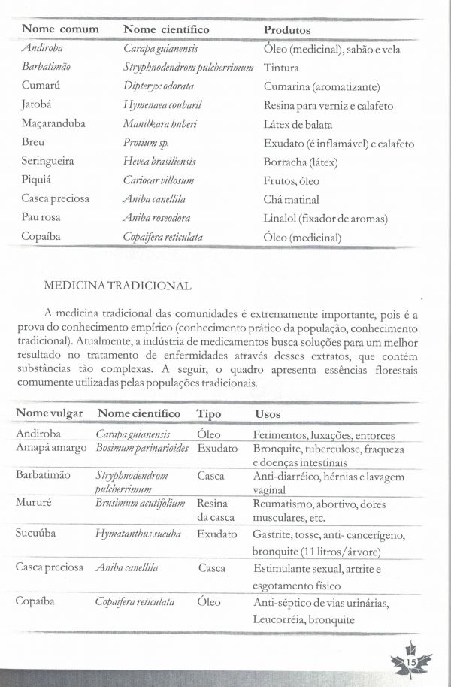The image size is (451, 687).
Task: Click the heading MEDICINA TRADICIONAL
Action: tap(118, 286)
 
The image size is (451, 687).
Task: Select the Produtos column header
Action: tap(287, 29)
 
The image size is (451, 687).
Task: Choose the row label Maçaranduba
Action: tap(53, 124)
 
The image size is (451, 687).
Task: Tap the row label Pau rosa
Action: tap(42, 218)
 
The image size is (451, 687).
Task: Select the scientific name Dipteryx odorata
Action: tap(153, 86)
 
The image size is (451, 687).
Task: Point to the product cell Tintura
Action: tap(281, 68)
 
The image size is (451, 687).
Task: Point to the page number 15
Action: tap(411, 661)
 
